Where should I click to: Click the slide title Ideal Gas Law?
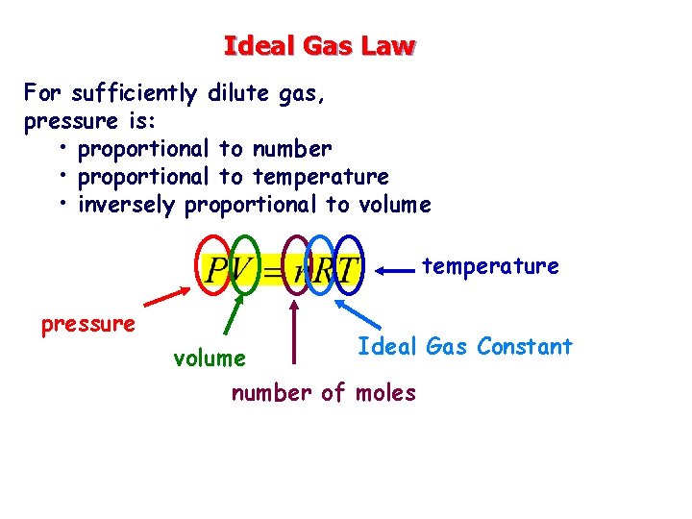[319, 45]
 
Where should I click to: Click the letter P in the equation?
[216, 270]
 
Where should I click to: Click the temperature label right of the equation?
[490, 265]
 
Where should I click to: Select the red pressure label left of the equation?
[87, 324]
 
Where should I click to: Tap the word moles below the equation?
[385, 392]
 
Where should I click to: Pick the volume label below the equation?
[209, 358]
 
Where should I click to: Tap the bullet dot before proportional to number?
[61, 149]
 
